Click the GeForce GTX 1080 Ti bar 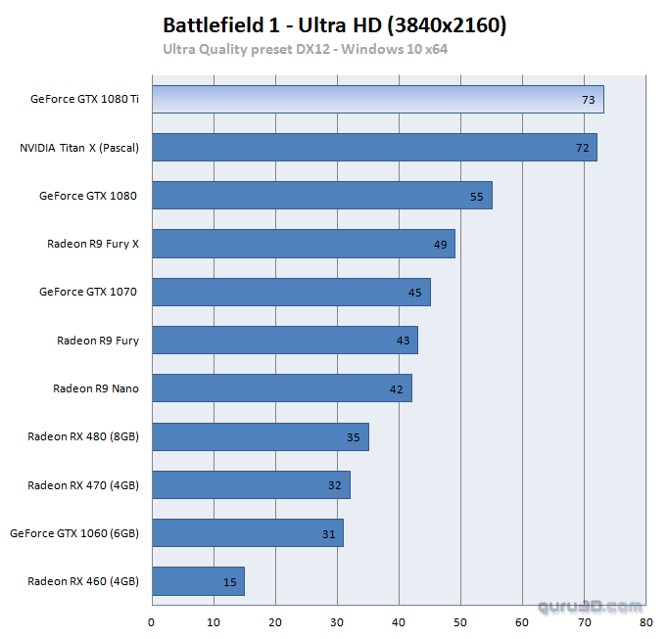coord(377,100)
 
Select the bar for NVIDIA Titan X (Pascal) coord(374,148)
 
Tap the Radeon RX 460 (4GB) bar coord(198,581)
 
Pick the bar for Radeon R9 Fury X coord(304,244)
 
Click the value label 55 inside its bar coord(477,197)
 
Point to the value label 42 coord(397,389)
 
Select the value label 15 coord(230,582)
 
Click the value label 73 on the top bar coord(589,100)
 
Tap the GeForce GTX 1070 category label coord(88,292)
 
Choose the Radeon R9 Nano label coord(96,388)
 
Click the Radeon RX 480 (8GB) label coord(83,436)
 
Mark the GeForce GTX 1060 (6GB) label coord(74,533)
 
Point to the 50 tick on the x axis coord(460,621)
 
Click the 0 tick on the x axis coord(152,621)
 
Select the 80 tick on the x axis coord(645,621)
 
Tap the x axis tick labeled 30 coord(337,621)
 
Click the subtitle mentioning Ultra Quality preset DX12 coord(305,48)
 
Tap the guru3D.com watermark coord(590,607)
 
